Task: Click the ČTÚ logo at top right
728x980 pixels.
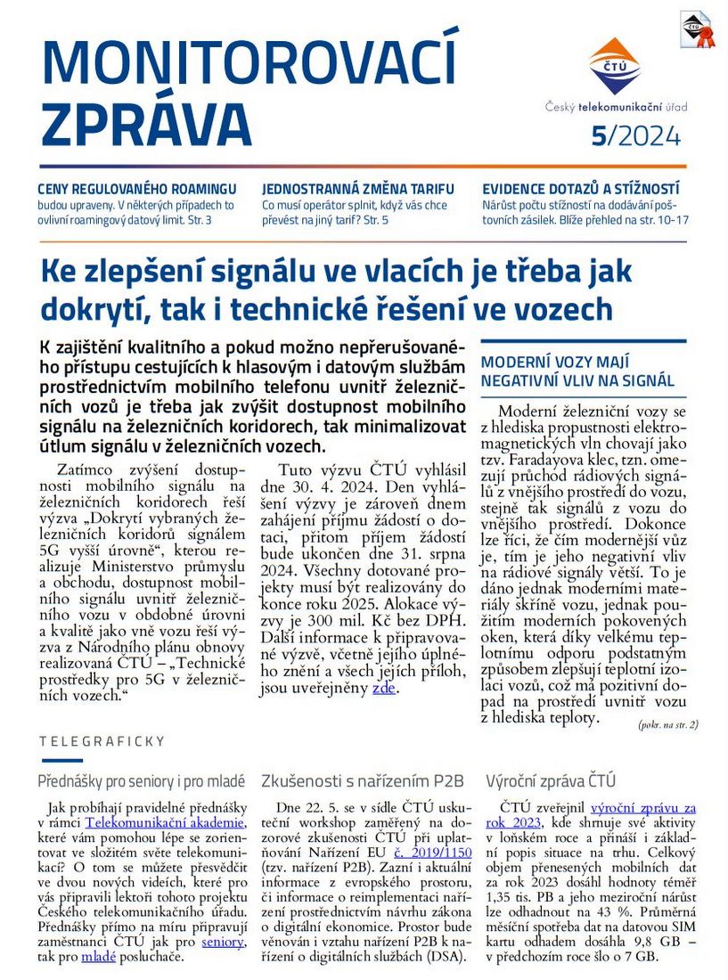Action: coord(614,67)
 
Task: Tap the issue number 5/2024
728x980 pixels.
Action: coord(635,136)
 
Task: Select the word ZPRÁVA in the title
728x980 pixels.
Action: coord(147,124)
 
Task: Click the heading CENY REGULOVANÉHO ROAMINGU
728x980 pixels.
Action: coord(136,189)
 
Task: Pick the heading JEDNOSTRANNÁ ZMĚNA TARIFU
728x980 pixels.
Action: coord(358,189)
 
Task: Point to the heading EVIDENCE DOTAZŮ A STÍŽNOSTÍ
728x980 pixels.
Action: coord(580,189)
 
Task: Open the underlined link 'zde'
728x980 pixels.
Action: coord(384,688)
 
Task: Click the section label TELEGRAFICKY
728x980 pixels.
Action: coord(102,740)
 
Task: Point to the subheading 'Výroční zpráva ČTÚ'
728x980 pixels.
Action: coord(551,781)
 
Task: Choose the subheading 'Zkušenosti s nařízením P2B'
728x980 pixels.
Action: coord(363,781)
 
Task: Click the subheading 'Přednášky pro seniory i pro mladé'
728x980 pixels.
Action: coord(142,781)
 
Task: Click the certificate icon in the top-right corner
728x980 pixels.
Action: coord(697,29)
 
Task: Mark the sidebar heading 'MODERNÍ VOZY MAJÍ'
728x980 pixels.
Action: coord(555,362)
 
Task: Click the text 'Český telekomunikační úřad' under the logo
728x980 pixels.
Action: coord(617,107)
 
